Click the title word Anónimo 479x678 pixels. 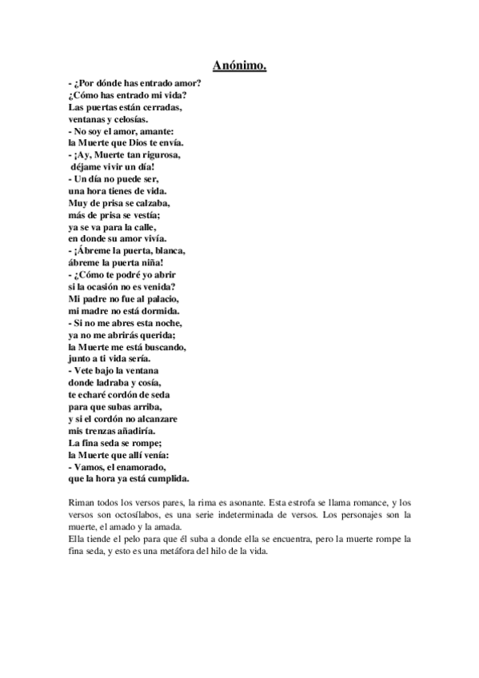click(239, 65)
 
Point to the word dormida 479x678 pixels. click(158, 309)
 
